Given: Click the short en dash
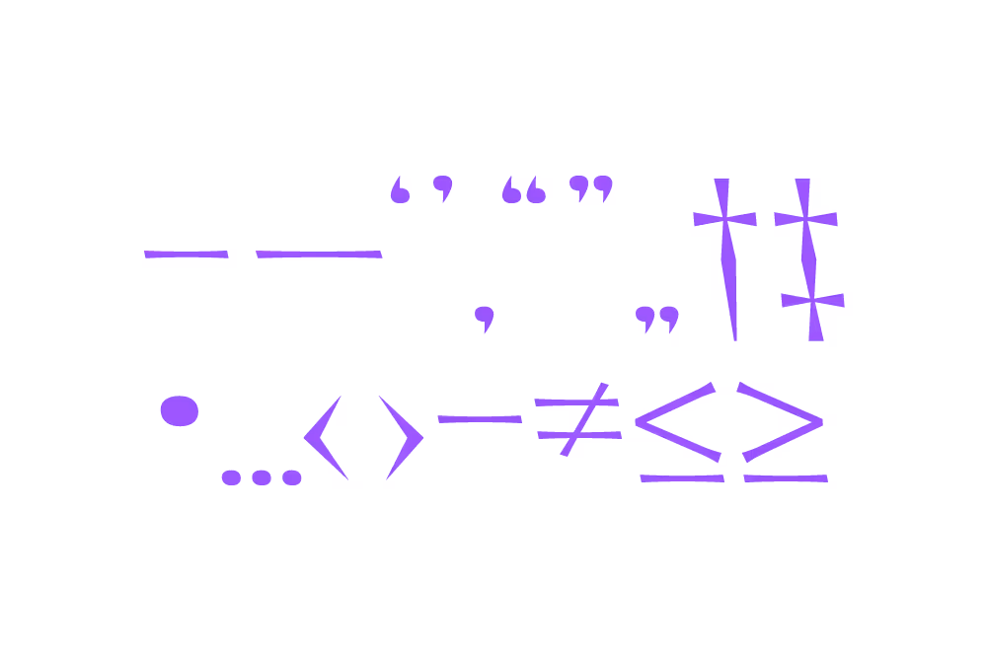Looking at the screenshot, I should [187, 255].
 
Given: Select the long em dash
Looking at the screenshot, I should [319, 255].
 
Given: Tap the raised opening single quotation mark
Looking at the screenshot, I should [400, 190].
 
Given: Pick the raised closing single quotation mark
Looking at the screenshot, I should [443, 187].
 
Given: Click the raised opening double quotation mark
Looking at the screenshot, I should [523, 190].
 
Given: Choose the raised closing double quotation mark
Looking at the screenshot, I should [591, 187].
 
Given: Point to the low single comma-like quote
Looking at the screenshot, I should [483, 318].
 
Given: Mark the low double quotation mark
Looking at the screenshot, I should [657, 319].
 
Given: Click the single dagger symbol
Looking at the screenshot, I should [725, 256].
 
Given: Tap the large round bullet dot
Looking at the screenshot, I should [180, 410].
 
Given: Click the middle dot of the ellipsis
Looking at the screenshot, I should [261, 477].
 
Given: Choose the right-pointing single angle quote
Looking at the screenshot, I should [402, 437].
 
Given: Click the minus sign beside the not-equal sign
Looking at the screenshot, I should [479, 419].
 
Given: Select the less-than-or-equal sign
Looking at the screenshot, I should [679, 434].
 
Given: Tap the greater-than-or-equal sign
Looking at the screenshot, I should [782, 434].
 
